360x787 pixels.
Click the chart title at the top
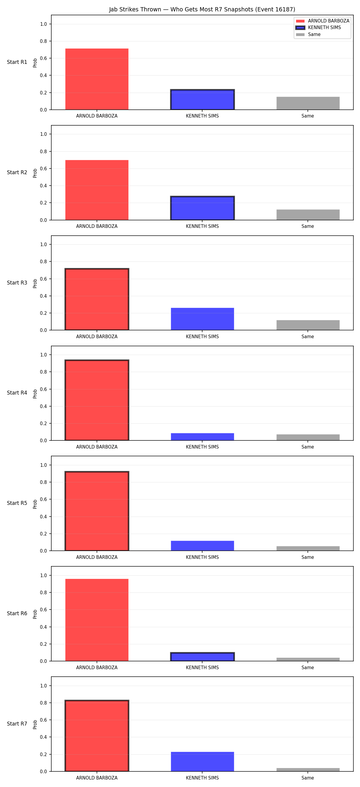tap(202, 10)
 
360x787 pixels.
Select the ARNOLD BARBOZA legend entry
tap(322, 21)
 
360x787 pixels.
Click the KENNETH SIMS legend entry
tap(318, 28)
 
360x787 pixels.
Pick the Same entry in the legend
tap(308, 34)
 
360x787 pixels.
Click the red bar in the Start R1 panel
tap(97, 79)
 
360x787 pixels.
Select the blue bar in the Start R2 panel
tap(202, 208)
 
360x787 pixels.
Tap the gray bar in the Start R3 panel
tap(308, 325)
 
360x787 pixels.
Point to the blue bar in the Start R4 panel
tap(202, 437)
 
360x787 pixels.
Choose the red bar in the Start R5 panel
tap(97, 511)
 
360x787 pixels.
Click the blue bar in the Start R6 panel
tap(202, 657)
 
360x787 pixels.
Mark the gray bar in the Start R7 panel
tap(308, 770)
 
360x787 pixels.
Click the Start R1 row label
tap(17, 62)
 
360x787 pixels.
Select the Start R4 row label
tap(17, 393)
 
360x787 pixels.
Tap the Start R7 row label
tap(17, 724)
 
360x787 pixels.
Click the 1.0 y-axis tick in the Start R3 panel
tap(43, 244)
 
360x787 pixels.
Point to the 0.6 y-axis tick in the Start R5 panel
tap(43, 499)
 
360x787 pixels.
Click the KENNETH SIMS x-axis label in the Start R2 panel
tap(202, 226)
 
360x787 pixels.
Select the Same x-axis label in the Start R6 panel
tap(308, 668)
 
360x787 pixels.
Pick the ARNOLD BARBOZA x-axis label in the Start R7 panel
tap(97, 778)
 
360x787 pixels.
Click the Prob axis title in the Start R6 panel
tap(35, 614)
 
